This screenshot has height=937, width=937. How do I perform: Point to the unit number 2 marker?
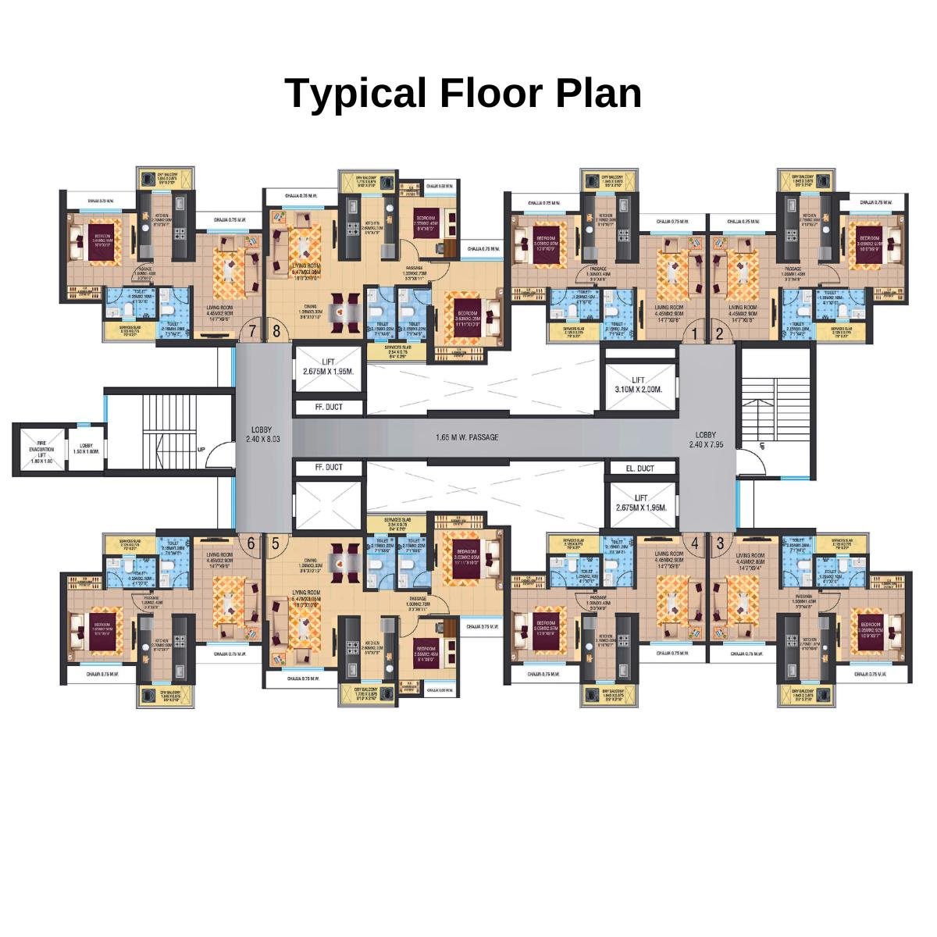719,333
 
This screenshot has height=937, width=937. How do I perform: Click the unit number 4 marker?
694,542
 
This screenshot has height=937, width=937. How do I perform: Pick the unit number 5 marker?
275,543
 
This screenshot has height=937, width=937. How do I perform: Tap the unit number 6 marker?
251,543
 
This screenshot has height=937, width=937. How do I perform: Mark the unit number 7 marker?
251,331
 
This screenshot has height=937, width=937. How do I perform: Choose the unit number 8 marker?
276,331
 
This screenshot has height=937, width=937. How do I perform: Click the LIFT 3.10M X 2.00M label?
638,385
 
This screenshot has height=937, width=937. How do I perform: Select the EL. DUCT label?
640,468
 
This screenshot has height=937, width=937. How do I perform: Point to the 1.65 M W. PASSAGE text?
467,438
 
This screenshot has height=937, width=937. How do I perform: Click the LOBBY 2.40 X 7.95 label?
707,440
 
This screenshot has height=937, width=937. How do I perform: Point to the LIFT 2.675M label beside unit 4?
640,502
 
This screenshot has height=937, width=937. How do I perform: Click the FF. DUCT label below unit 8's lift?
328,407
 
